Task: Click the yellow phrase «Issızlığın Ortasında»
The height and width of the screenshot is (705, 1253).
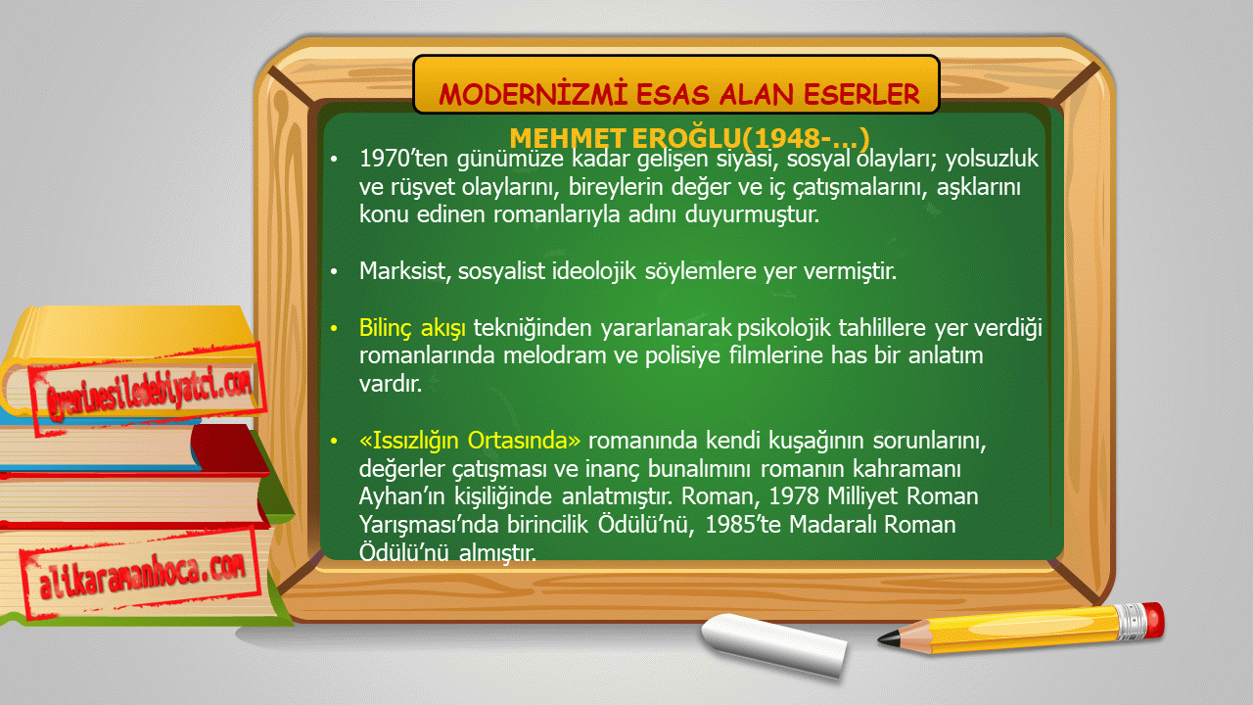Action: pos(470,441)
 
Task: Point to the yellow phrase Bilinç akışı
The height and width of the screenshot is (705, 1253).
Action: pos(412,328)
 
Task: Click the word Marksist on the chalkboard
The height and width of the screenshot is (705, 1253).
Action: pos(405,271)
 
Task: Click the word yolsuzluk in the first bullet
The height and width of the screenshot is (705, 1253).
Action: pos(992,159)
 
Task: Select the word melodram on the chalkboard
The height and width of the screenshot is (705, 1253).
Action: pos(554,355)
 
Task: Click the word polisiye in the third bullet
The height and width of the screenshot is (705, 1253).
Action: pos(682,356)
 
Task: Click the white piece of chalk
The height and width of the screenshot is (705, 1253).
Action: pos(773,644)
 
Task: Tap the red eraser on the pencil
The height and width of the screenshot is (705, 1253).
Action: pos(1154,620)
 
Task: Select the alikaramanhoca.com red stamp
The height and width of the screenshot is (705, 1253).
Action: pos(141,573)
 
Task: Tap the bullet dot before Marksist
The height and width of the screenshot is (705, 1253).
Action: pos(334,272)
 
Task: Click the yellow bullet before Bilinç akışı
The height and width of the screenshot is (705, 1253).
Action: pos(334,328)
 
